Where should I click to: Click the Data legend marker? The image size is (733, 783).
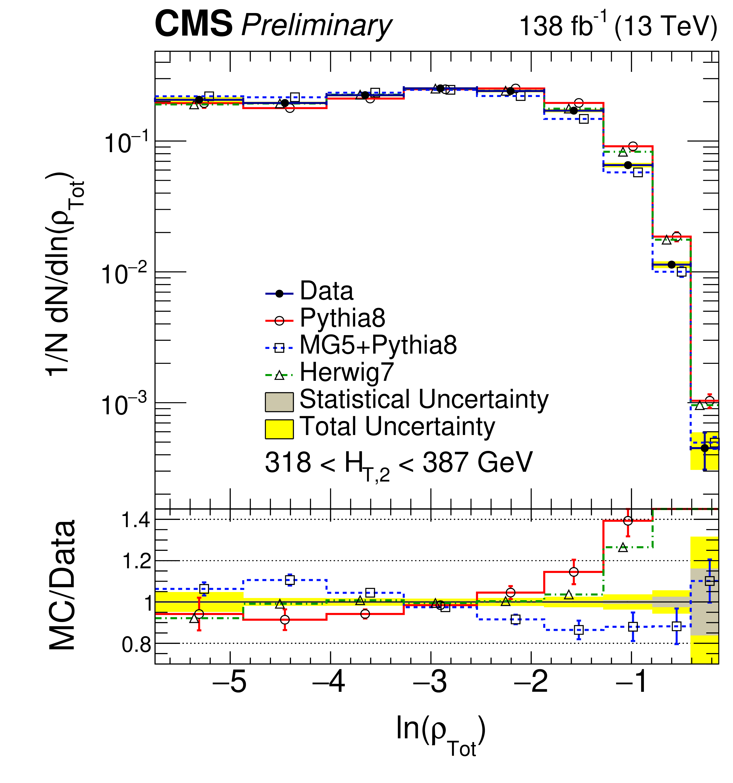pos(279,293)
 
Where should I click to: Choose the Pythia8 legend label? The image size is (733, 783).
pos(342,318)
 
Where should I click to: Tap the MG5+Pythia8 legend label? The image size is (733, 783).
pos(378,345)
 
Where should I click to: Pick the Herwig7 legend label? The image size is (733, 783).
pos(347,372)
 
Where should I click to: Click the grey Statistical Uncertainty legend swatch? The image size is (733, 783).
pos(279,402)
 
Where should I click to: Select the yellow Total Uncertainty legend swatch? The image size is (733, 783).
pos(279,429)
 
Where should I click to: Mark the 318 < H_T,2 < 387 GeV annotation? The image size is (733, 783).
pos(398,463)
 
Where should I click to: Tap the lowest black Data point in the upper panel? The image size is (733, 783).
pos(705,448)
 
